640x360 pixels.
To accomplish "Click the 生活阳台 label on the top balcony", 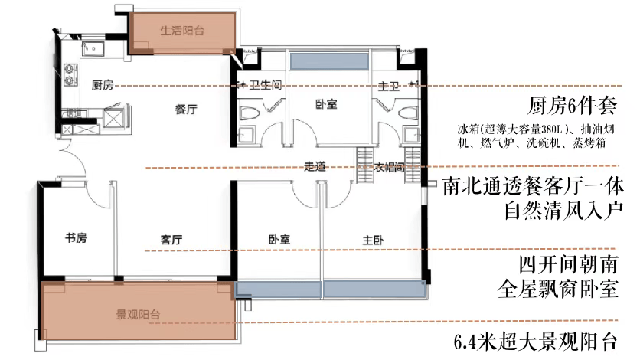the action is click(182, 31).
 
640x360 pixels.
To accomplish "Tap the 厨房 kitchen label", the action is click(102, 85).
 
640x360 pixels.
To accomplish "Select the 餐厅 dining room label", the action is click(186, 109).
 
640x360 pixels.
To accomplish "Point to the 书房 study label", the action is click(76, 237).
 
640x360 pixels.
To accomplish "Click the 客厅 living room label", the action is click(171, 240).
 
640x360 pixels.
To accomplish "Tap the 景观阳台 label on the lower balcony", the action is click(138, 315).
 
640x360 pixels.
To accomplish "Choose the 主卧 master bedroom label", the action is click(373, 240).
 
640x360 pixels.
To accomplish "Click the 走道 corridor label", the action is click(315, 166).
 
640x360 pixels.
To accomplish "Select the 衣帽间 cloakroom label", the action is click(389, 167).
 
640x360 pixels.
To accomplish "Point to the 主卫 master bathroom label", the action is click(389, 86).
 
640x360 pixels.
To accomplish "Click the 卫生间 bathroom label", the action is click(266, 85).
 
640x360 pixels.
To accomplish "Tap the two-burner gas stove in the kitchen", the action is click(70, 75).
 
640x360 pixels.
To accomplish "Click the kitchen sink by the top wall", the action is click(93, 49).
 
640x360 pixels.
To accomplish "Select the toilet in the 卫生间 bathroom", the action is click(249, 113).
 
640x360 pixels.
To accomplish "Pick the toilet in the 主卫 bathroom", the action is click(409, 113).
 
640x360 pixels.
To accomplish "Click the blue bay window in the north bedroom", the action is click(329, 61).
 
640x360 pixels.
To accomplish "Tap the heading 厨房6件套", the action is click(572, 106).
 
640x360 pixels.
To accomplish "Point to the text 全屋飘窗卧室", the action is click(558, 290).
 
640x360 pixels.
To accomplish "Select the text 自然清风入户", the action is click(564, 211).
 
